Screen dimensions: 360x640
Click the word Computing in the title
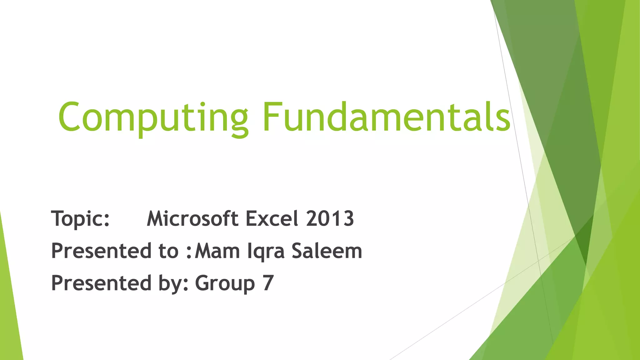(153, 117)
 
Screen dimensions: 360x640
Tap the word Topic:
(80, 218)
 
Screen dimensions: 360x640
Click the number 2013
(330, 218)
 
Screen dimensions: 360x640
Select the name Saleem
(327, 251)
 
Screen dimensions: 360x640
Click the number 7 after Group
(268, 283)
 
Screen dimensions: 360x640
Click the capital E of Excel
(252, 218)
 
